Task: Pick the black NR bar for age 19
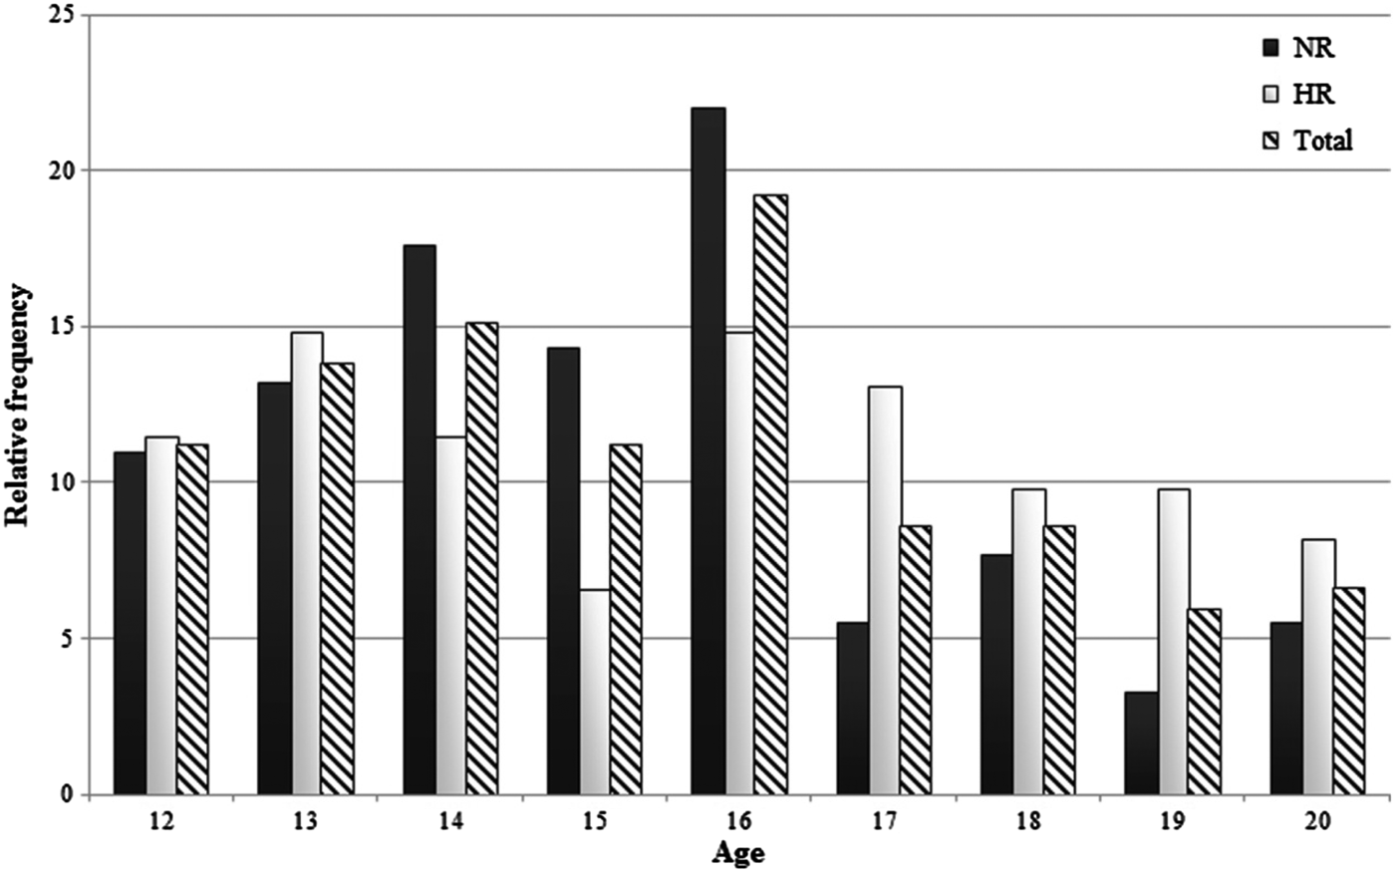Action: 1142,742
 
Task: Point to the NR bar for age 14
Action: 418,519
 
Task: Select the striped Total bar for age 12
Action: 192,619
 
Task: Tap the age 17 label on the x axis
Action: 884,823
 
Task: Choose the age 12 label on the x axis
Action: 161,823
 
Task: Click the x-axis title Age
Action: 738,853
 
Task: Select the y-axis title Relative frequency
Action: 19,406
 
